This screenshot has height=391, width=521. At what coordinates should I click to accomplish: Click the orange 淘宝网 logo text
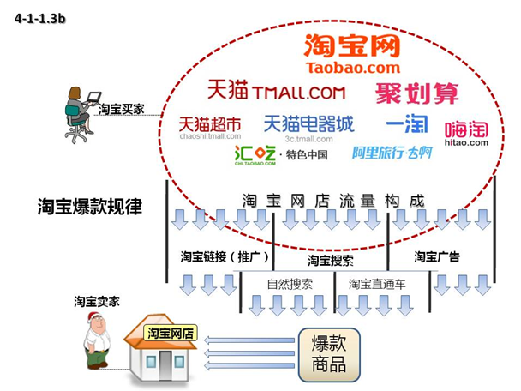coord(352,45)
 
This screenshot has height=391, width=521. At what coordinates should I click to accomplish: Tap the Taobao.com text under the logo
coord(352,67)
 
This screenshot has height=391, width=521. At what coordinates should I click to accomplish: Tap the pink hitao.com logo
coord(466,132)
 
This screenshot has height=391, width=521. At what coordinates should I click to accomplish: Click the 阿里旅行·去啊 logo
coord(392,153)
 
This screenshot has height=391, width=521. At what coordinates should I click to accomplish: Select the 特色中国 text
coord(307,155)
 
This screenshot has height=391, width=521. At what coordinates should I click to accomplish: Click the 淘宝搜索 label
coord(330,260)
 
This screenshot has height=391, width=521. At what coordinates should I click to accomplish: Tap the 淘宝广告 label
coord(437,256)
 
